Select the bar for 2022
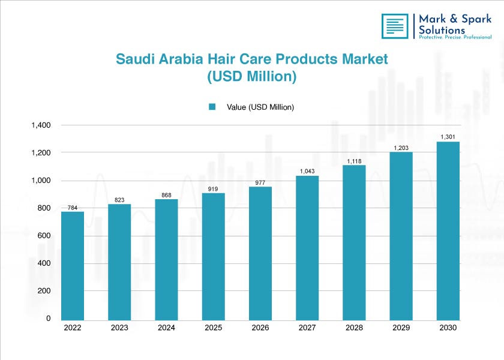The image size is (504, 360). [73, 265]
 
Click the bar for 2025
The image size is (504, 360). [213, 256]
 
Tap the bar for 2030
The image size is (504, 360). [448, 230]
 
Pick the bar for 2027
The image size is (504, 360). [307, 247]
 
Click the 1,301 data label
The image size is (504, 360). [448, 137]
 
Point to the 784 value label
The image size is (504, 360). [73, 207]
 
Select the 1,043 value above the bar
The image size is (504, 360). [307, 172]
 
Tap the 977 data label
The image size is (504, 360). [260, 182]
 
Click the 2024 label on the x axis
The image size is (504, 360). [166, 328]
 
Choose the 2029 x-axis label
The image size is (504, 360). [401, 328]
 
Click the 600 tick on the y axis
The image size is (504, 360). [43, 236]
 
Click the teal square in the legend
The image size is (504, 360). [212, 107]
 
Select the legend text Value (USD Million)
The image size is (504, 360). [260, 107]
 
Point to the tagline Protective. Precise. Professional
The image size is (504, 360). [454, 37]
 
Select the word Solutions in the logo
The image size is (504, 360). [442, 29]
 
